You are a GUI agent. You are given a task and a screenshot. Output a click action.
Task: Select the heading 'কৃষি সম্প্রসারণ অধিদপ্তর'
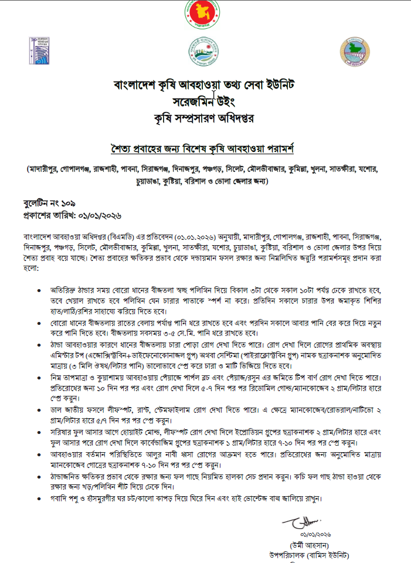(x=205, y=118)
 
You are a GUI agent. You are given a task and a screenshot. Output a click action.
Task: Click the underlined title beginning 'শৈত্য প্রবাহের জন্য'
(x=205, y=145)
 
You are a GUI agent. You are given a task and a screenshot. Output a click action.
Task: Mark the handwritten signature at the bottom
(x=298, y=522)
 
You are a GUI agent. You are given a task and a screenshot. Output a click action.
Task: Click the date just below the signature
(x=315, y=535)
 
